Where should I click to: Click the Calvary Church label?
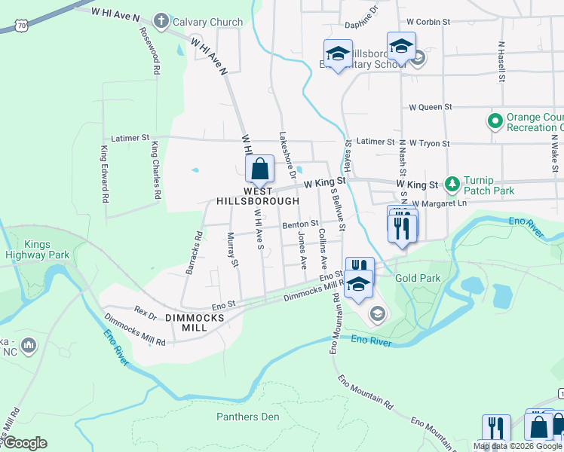click(207, 22)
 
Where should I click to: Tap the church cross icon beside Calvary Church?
click(161, 20)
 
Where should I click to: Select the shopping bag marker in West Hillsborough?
click(259, 169)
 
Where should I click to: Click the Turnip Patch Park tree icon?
click(452, 184)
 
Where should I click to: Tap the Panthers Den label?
click(247, 417)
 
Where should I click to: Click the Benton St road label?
click(301, 224)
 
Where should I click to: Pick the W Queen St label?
click(428, 108)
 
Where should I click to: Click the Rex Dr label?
click(144, 310)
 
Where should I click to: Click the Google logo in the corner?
click(25, 443)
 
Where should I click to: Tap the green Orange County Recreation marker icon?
click(495, 121)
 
